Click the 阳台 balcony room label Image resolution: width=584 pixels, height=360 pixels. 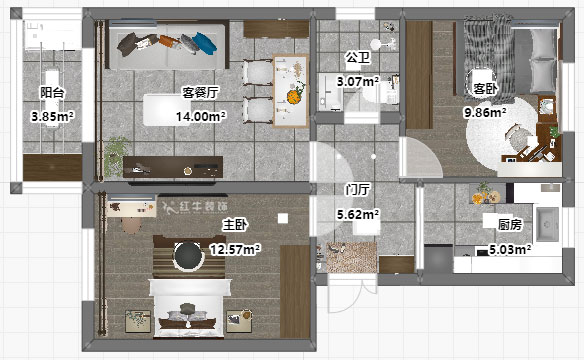(52, 92)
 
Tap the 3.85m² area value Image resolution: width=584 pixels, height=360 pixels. (52, 116)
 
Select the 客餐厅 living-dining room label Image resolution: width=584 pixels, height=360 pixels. (200, 92)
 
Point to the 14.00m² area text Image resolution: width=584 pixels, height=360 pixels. (200, 116)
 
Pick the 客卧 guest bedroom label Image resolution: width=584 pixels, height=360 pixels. (484, 88)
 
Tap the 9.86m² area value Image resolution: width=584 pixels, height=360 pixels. (484, 113)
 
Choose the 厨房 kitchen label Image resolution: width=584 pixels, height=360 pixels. (496, 224)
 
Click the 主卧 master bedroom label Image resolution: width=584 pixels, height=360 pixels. (235, 224)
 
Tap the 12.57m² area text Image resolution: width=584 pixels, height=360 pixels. (235, 249)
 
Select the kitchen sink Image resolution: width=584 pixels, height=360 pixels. (546, 223)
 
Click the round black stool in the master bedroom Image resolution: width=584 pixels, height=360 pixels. (186, 257)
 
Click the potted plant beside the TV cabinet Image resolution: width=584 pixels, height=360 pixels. (117, 153)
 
